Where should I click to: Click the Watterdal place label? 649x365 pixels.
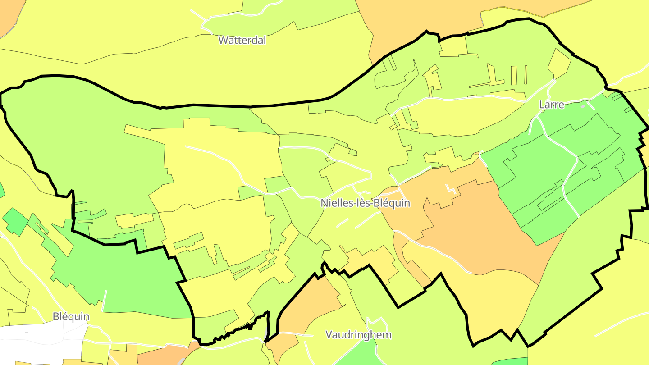(242, 40)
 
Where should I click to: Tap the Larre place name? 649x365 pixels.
(552, 105)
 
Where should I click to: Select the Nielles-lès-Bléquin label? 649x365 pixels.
(366, 203)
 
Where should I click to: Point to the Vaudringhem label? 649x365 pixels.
(358, 335)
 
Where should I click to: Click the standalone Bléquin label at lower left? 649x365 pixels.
(71, 316)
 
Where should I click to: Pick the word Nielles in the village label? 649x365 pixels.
(336, 203)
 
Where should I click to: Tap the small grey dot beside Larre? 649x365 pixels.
(583, 107)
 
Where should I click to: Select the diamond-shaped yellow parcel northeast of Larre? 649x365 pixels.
(559, 63)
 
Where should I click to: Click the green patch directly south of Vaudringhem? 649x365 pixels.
(358, 354)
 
